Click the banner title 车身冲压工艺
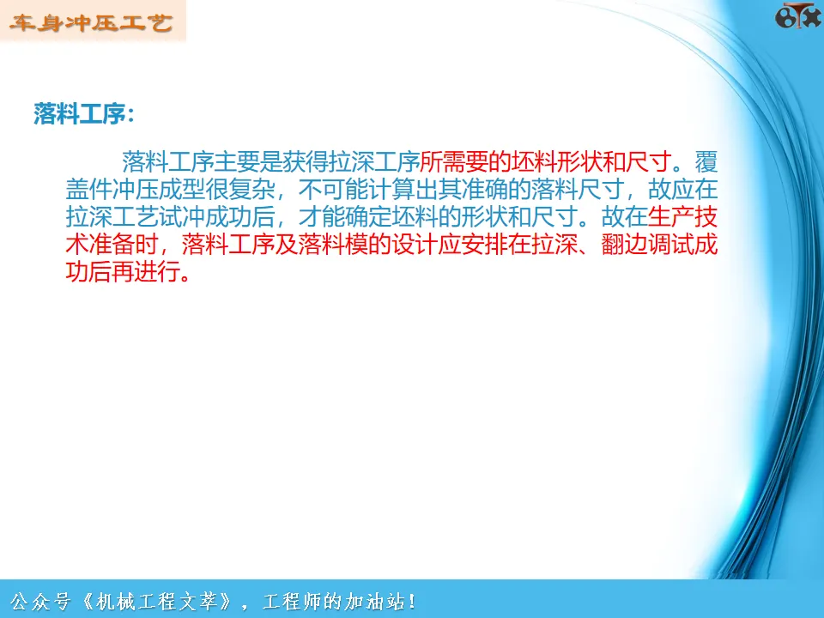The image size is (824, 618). pos(91,22)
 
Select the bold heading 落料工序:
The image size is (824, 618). pos(84,113)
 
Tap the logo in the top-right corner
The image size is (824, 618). pos(797,15)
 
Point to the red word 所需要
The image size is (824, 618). pos(454,162)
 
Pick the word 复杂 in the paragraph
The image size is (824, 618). pos(251,189)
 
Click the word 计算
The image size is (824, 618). pos(391,189)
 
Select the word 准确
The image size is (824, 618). pos(484,189)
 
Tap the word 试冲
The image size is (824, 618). pos(182,216)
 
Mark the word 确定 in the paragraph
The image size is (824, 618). pos(368,216)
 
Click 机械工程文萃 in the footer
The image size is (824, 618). pos(155,601)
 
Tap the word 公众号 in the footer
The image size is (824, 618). pos(40,601)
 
